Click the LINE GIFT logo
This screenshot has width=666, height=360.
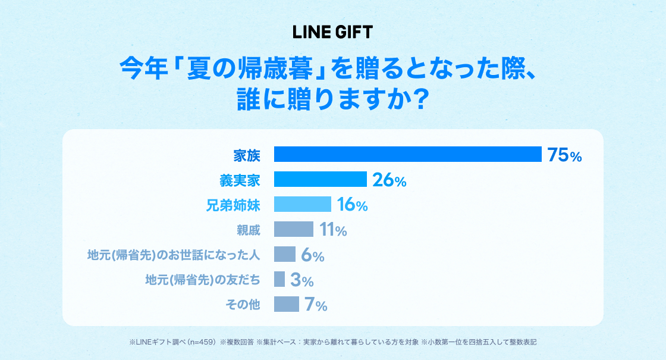[332, 32]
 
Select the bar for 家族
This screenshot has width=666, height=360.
[408, 154]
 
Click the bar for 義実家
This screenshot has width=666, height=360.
[321, 179]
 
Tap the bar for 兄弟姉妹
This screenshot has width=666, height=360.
[303, 204]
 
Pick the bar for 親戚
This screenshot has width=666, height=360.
[294, 229]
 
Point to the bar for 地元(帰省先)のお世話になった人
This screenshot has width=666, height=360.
[285, 254]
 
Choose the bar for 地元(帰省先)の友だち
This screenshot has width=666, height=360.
[279, 279]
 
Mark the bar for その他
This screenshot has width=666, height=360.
[287, 304]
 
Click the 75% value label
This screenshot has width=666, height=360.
[564, 155]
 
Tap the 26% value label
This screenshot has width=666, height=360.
[389, 180]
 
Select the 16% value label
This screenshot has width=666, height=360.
[353, 205]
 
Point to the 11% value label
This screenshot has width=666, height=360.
[334, 230]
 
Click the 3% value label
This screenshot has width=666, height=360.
[302, 280]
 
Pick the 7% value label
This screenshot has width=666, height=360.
[316, 305]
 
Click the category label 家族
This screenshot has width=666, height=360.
[247, 155]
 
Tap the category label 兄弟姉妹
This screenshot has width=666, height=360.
[233, 206]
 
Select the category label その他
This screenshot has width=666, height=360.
[243, 304]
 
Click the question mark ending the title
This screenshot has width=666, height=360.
[420, 99]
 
